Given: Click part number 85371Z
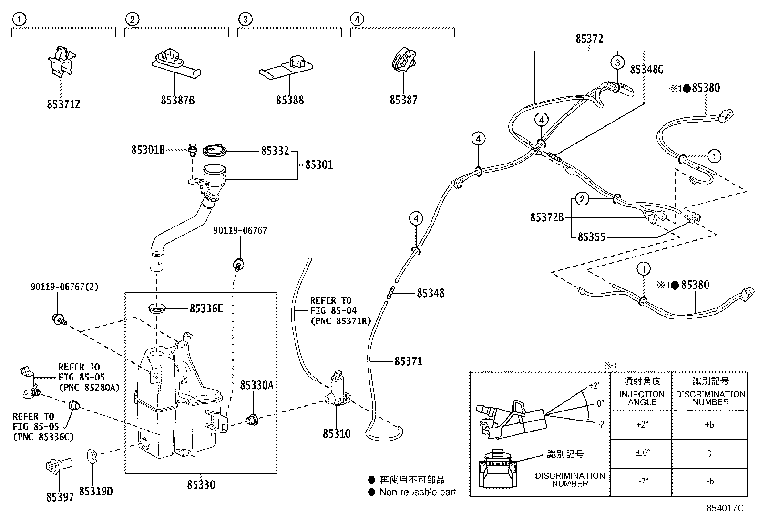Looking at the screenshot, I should [x=63, y=103].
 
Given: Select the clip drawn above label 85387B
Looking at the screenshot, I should [x=175, y=62].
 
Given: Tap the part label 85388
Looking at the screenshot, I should [x=289, y=100].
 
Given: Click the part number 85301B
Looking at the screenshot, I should [x=148, y=150].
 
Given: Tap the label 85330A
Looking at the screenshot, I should [x=256, y=385].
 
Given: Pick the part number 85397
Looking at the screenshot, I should [x=60, y=497].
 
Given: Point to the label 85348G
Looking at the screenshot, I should [x=646, y=70].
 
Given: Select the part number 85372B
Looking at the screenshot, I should [x=547, y=218].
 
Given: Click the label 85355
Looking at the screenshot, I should [x=591, y=237].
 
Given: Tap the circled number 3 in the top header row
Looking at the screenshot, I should [x=245, y=19].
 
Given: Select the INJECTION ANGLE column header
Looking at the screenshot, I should [x=642, y=398].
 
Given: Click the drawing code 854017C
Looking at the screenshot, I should [x=725, y=508].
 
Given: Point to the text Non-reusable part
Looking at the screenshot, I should [x=418, y=492].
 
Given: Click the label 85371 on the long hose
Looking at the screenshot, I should [x=408, y=361].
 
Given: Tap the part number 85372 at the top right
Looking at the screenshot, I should [x=589, y=39].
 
